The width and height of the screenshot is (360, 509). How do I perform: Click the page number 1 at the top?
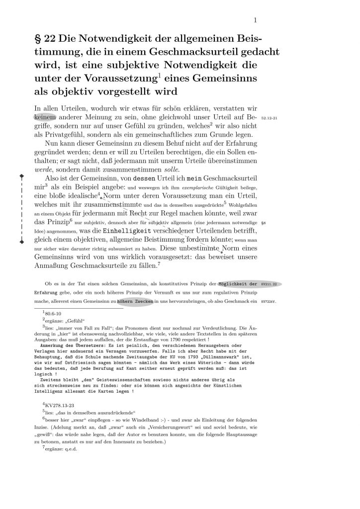pos(255,20)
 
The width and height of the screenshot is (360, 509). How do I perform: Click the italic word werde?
pos(43,169)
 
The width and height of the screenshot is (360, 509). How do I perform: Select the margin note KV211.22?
pos(269,284)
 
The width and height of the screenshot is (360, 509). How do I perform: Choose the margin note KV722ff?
pos(269,302)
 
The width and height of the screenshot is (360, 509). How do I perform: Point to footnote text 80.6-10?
pos(53,315)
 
